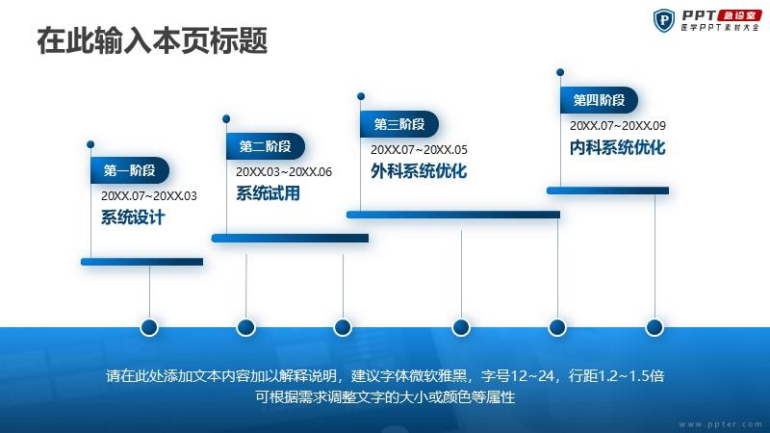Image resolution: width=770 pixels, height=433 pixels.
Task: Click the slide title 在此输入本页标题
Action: pos(152,40)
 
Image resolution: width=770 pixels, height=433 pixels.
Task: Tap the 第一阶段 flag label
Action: pos(130,170)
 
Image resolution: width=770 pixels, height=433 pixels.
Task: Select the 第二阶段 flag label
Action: pos(266,146)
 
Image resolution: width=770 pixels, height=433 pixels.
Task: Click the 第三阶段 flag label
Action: pos(399,124)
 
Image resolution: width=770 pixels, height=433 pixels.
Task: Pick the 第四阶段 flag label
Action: pos(599,100)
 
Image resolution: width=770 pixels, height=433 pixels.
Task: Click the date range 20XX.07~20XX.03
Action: pos(149,196)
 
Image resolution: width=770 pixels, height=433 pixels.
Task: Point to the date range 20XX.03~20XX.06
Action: pos(284,172)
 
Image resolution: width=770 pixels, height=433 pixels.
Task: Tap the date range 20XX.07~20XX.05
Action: pos(419,150)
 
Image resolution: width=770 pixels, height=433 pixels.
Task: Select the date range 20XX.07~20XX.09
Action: pos(618,126)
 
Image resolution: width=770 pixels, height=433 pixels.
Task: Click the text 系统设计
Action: pos(133,217)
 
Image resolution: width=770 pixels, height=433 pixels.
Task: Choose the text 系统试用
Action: pos(268,193)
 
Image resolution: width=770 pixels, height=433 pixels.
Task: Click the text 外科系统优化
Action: pos(419,171)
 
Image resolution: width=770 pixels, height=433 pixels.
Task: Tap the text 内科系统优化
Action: pos(617,147)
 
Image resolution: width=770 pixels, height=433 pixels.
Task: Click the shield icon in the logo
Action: pos(664,20)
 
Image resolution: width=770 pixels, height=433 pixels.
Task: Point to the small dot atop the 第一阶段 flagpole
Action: pos(90,144)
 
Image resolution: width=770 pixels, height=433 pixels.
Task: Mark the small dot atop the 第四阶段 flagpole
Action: pos(560,72)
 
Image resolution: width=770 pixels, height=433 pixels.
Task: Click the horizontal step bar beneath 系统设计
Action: pos(141,262)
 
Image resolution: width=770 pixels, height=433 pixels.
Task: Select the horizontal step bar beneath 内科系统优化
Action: pos(608,191)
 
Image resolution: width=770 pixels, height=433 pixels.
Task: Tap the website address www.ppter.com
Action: pos(720,423)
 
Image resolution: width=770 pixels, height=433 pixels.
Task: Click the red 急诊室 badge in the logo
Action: pos(739,15)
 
